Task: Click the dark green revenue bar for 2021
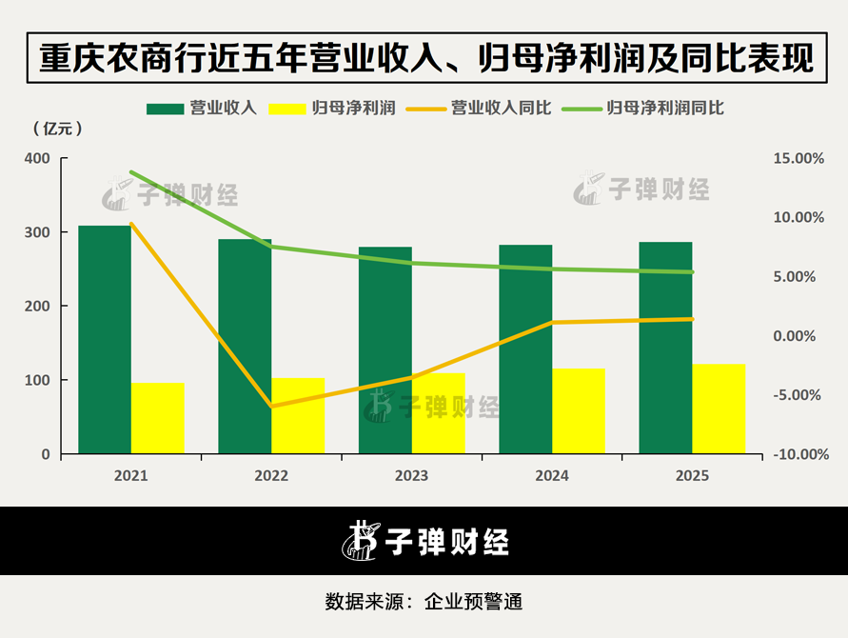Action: (x=105, y=339)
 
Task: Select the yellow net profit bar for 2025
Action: (x=719, y=409)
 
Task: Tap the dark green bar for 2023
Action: (x=385, y=350)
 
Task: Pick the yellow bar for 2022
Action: (x=298, y=415)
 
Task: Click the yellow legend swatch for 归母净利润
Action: (x=287, y=109)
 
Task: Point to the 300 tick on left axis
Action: (x=37, y=232)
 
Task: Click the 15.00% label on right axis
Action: (x=799, y=159)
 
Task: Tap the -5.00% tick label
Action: (x=797, y=395)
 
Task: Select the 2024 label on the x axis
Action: (x=552, y=476)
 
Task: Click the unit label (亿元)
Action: (x=58, y=129)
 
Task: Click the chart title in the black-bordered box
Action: (x=426, y=58)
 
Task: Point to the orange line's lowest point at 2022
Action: (x=271, y=406)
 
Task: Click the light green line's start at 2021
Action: (x=131, y=172)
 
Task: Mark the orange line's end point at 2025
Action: (x=692, y=319)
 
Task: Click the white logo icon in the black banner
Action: (x=360, y=541)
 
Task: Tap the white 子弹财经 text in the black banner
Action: (x=446, y=542)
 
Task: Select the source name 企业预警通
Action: (x=473, y=602)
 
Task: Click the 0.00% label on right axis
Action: (x=794, y=336)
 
